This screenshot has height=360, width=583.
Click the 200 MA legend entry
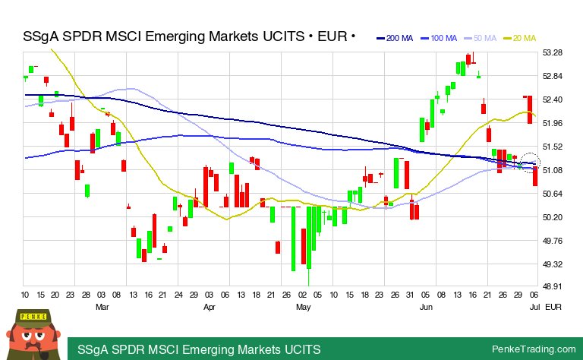(x=396, y=38)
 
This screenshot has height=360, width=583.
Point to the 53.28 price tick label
(x=553, y=52)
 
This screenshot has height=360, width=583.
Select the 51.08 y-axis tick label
(x=553, y=170)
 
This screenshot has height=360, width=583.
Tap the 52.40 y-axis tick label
(x=553, y=99)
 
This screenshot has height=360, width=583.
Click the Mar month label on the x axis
(x=102, y=307)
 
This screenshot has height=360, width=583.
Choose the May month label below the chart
(x=303, y=307)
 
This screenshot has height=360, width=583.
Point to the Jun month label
(x=426, y=307)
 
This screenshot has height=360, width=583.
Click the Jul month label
(x=534, y=307)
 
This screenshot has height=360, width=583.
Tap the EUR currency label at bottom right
(x=553, y=307)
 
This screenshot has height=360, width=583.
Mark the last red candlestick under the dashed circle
(x=535, y=175)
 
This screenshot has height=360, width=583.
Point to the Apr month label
(x=210, y=307)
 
